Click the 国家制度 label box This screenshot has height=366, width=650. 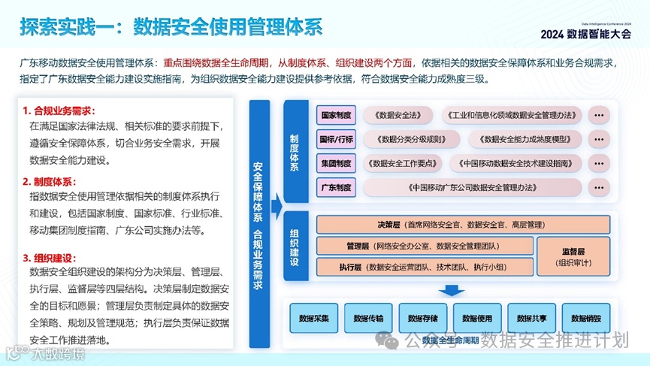tap(336, 116)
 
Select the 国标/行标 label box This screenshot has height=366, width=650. tap(336, 139)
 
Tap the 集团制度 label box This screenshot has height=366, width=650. tap(336, 162)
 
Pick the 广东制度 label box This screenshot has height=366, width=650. tap(336, 186)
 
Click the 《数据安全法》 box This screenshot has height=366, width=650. tap(398, 116)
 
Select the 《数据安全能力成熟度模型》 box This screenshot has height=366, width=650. tap(525, 139)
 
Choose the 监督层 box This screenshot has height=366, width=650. tap(576, 256)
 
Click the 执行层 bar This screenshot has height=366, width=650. tap(425, 267)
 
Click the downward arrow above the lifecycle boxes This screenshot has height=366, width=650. tap(452, 289)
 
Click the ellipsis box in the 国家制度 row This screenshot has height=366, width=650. tap(599, 116)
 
